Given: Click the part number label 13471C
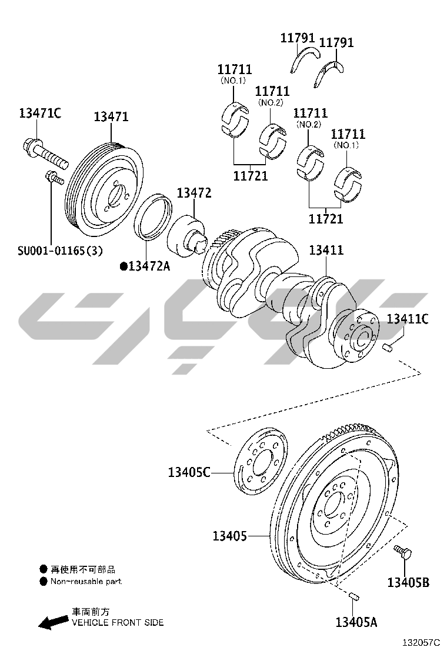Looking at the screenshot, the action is [x=40, y=113].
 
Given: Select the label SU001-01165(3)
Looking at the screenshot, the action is [x=60, y=251].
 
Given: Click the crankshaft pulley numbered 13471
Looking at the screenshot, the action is [x=105, y=191].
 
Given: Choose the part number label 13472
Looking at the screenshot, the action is [x=194, y=193].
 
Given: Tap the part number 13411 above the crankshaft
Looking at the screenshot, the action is [x=326, y=251].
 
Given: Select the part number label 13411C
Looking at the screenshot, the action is [x=408, y=319].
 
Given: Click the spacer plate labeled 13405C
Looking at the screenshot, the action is [x=260, y=461].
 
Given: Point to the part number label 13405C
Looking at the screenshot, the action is [x=189, y=472].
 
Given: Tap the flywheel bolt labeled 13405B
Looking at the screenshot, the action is [x=403, y=552].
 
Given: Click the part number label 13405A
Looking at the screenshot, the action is [x=356, y=622].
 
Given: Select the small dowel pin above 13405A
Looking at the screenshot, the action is [x=353, y=596].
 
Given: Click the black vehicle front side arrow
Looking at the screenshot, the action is [x=53, y=622].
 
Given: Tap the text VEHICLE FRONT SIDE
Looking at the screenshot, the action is [x=118, y=623].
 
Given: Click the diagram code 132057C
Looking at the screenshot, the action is [x=421, y=643].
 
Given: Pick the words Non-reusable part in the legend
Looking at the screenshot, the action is [x=86, y=582].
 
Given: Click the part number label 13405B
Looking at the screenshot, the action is [x=408, y=582].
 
